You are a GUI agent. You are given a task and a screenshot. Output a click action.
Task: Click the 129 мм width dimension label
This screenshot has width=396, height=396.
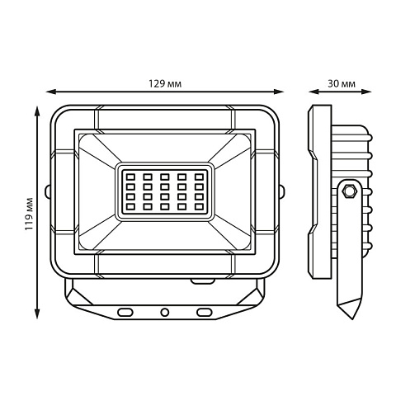165,83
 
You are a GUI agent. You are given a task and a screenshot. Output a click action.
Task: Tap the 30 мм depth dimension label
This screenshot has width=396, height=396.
342,83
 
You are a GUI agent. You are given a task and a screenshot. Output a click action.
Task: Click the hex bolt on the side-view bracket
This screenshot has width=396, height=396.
349,190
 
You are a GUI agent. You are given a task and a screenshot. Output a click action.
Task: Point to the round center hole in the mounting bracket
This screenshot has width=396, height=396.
165,312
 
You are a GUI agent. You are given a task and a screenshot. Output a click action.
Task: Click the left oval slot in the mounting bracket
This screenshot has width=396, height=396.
125,312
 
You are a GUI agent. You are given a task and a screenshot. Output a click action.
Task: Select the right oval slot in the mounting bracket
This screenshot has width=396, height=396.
205,312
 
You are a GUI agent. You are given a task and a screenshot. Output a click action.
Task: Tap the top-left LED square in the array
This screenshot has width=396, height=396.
130,177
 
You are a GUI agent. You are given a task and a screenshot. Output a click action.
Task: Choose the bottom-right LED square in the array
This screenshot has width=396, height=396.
199,206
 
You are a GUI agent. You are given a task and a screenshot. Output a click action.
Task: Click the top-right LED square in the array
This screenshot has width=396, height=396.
199,177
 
